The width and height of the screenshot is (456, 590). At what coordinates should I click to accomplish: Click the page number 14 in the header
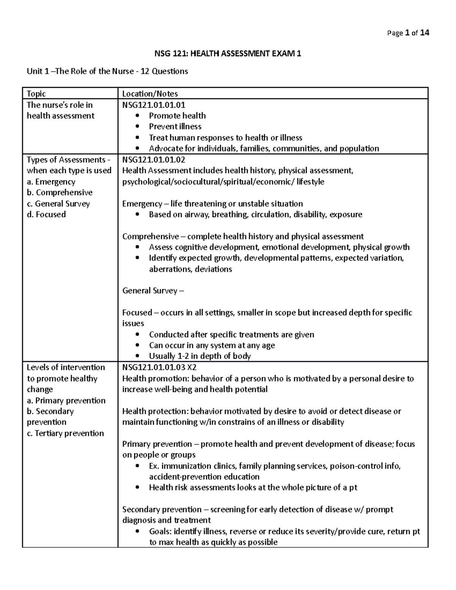click(424, 33)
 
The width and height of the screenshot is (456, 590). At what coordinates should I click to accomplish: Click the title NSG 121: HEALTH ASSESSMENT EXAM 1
click(227, 54)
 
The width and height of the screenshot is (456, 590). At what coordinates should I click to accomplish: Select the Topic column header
click(36, 93)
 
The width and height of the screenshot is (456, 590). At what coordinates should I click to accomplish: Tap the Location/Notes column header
click(150, 93)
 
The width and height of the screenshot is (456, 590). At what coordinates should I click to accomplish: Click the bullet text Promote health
click(177, 115)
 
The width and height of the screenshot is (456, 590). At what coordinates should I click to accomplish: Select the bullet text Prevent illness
click(175, 127)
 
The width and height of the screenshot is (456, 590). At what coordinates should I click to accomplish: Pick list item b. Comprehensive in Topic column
click(60, 193)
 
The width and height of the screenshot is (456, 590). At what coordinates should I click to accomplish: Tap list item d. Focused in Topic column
click(46, 215)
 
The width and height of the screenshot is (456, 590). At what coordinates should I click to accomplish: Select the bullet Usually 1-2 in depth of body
click(199, 356)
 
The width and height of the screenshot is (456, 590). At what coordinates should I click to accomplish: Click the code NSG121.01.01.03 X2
click(159, 367)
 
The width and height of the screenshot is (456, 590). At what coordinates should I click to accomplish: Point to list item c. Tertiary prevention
click(65, 433)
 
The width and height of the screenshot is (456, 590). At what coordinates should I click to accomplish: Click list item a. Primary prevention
click(66, 400)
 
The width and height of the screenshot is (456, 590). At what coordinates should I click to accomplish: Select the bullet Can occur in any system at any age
click(212, 345)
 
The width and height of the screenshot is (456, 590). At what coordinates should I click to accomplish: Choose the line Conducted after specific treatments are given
click(231, 335)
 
